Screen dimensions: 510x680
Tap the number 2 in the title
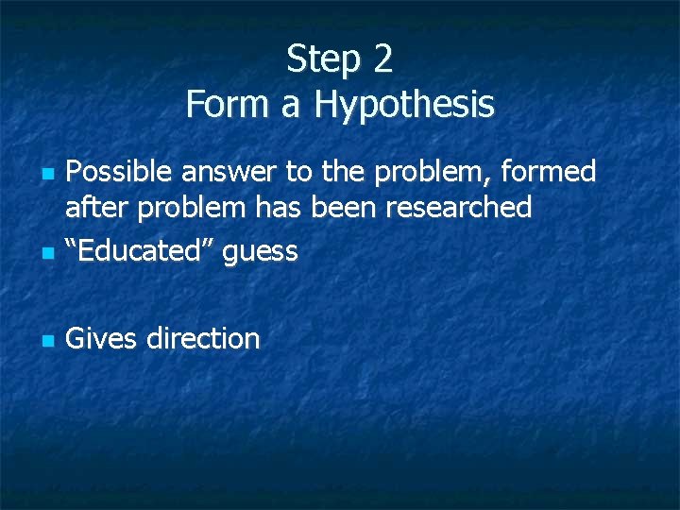point(382,59)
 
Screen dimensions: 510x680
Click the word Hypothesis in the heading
point(404,104)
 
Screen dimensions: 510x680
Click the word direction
point(203,338)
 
